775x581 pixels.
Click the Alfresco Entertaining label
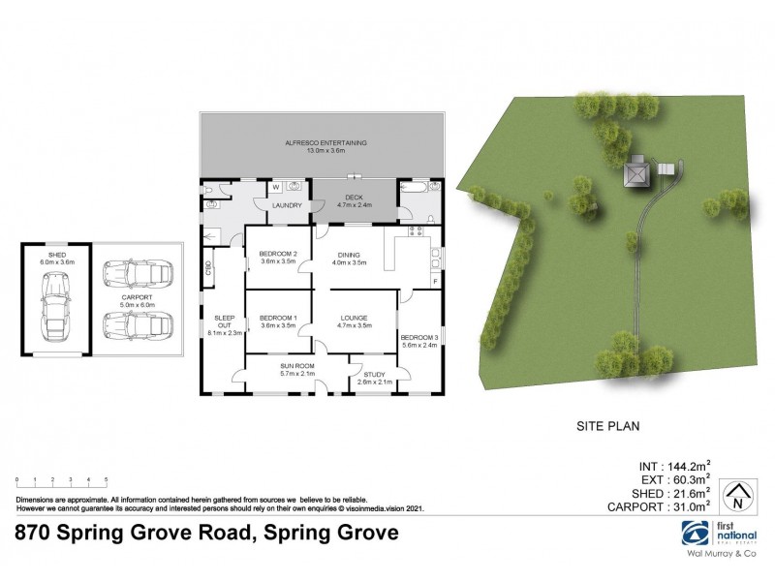(x=325, y=142)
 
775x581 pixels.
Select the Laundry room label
(x=286, y=205)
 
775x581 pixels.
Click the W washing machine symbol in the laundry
(x=274, y=187)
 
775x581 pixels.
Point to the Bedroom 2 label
(x=277, y=254)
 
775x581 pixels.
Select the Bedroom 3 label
(x=419, y=335)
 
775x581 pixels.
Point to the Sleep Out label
(x=223, y=321)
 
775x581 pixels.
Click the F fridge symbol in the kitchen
(x=435, y=281)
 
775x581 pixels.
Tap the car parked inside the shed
(x=53, y=302)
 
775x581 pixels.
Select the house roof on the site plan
(x=637, y=172)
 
